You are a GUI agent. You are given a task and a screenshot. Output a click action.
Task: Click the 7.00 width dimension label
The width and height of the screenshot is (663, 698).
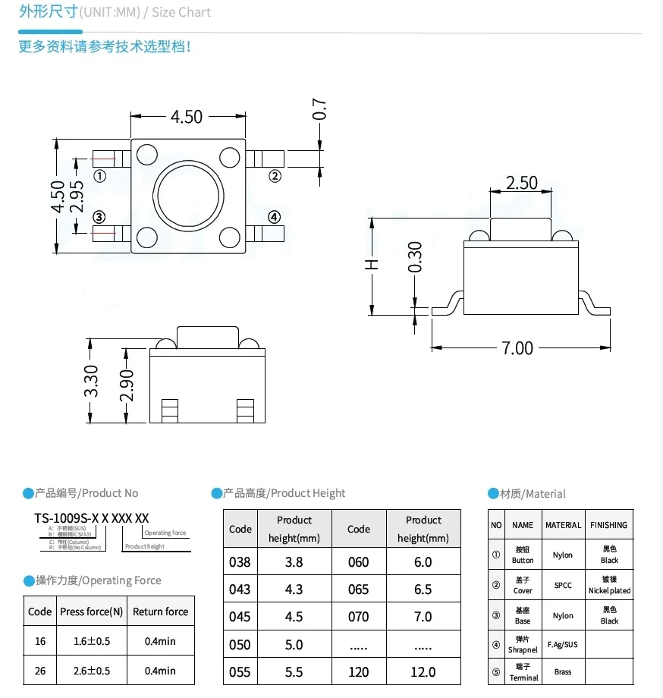tap(517, 347)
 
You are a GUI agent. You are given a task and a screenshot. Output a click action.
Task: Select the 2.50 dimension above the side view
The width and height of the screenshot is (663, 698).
tap(521, 183)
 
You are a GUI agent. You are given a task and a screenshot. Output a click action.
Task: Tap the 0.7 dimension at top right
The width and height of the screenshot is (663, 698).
tap(319, 109)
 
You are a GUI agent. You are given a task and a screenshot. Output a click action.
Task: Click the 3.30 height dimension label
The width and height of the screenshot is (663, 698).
tap(91, 382)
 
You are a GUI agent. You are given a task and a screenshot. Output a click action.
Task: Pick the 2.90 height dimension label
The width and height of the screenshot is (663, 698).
tap(127, 385)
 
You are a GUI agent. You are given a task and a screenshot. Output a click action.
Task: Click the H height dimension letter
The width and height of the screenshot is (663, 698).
tap(372, 264)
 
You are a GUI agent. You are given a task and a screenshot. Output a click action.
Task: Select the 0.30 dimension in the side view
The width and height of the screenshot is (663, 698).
tap(415, 258)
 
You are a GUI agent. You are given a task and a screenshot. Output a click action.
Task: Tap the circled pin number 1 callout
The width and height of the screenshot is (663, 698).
tap(99, 176)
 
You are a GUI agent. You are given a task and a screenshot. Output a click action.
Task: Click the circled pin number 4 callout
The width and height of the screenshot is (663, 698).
tap(275, 217)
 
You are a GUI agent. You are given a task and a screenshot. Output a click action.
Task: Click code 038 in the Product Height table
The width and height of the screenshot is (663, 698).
tap(240, 562)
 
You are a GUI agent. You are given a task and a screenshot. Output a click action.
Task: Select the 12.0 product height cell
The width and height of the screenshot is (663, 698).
tap(423, 671)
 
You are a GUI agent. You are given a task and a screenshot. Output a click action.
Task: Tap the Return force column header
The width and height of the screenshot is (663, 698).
tap(160, 612)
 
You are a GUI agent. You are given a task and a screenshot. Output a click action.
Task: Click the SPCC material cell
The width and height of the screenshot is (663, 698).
tap(563, 586)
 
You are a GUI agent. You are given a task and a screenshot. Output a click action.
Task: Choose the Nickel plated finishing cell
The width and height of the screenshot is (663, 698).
tap(609, 586)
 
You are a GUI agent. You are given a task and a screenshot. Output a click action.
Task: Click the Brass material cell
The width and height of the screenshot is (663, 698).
tap(563, 672)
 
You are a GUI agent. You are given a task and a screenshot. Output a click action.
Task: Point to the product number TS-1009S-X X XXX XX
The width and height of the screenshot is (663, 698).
tap(91, 518)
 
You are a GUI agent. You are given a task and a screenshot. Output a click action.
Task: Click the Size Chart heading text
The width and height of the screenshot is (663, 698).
tap(182, 12)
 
